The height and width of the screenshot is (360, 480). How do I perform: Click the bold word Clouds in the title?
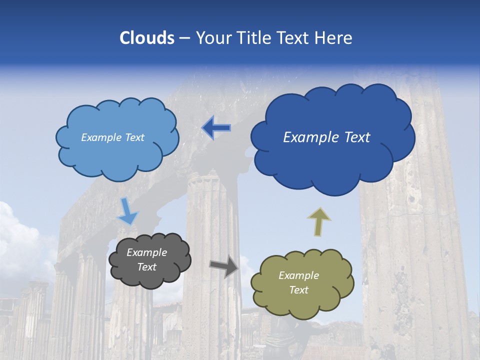tap(147, 38)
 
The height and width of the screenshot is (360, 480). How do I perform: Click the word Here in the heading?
tap(334, 38)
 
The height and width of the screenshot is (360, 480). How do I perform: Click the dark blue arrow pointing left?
tap(216, 128)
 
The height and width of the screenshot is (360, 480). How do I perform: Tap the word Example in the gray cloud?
tap(146, 252)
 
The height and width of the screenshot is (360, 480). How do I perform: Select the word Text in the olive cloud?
tap(298, 290)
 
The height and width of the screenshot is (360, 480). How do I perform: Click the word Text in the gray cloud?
tap(146, 267)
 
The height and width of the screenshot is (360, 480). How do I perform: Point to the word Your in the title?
tap(211, 38)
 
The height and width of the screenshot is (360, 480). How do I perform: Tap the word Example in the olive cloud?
tap(298, 275)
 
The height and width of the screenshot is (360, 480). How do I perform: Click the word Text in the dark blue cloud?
tap(356, 137)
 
